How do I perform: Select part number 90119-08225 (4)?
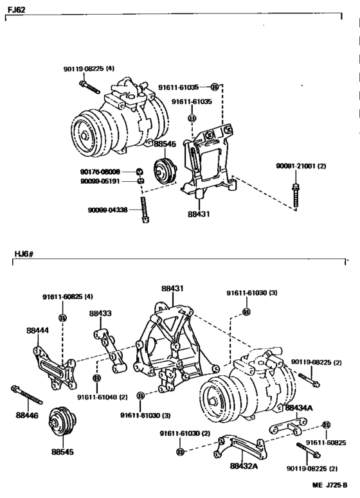(x=89, y=69)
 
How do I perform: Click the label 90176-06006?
(x=101, y=172)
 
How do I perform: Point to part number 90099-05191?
(x=101, y=181)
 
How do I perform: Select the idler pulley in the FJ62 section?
(x=165, y=172)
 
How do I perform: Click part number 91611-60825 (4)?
(x=67, y=296)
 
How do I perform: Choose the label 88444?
(x=37, y=330)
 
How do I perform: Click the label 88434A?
(x=299, y=407)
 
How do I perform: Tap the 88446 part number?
(x=27, y=415)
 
